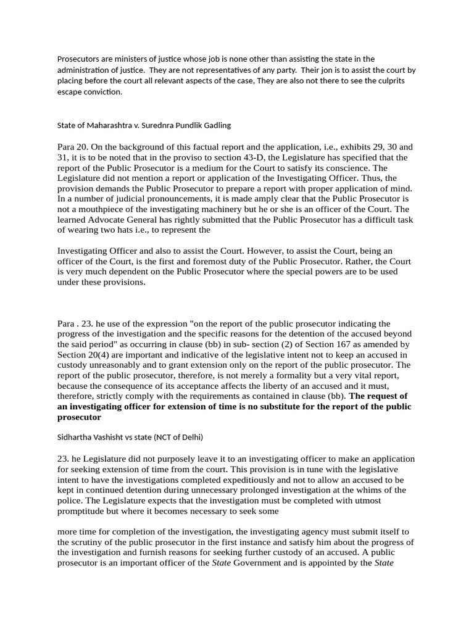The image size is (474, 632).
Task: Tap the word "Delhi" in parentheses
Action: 188,437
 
